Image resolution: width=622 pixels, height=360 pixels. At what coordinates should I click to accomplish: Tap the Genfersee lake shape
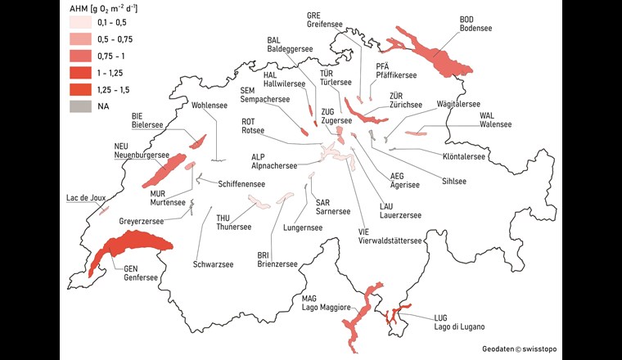tap(131, 243)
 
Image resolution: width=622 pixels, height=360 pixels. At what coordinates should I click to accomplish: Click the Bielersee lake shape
tap(197, 141)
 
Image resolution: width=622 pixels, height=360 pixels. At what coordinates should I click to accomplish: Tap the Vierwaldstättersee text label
tap(390, 241)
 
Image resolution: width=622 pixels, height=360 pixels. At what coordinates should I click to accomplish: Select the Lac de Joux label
tap(84, 198)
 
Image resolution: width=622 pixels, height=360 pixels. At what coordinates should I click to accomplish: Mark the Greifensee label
tap(325, 24)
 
